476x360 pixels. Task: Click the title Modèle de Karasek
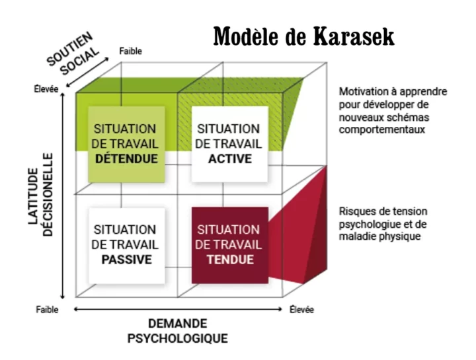(x=303, y=36)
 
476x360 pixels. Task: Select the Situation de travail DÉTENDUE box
(x=126, y=143)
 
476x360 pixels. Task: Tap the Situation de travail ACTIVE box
(x=229, y=143)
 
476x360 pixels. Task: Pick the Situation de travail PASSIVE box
(x=126, y=244)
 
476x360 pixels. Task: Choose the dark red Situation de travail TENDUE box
(x=229, y=244)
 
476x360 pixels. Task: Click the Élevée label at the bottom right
(x=301, y=309)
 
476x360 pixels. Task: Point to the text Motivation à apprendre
(x=393, y=92)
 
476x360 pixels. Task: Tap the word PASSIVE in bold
(x=126, y=260)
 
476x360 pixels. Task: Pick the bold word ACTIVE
(x=229, y=159)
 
